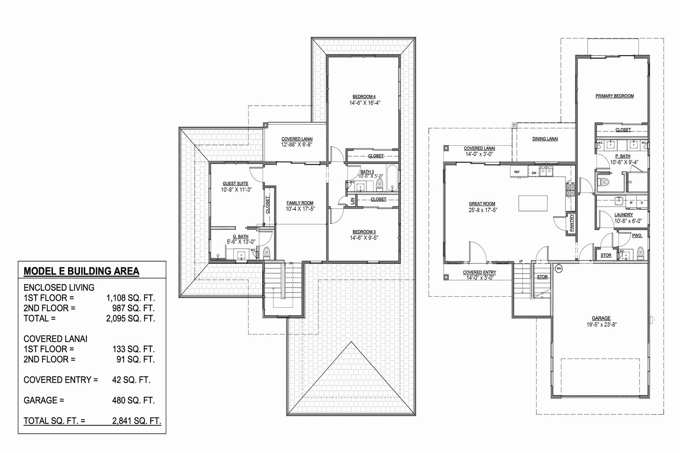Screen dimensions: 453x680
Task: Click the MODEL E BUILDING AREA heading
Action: [x=81, y=271]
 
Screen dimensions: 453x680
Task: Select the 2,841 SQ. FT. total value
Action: [x=137, y=421]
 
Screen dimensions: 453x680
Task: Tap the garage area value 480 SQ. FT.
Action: [x=133, y=400]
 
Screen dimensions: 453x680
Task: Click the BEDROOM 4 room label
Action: [x=364, y=97]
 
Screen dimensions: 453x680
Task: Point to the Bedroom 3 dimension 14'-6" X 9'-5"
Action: [x=364, y=238]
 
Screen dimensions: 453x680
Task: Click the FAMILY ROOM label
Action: [x=300, y=203]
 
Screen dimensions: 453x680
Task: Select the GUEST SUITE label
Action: [x=235, y=183]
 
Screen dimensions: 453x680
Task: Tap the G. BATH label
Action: [x=241, y=237]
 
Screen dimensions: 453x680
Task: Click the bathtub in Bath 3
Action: [x=393, y=178]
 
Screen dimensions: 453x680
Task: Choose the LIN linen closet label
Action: [x=352, y=201]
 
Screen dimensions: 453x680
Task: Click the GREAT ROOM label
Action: [x=482, y=204]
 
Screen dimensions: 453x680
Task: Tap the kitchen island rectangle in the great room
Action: [x=533, y=203]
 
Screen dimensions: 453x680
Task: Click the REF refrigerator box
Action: [x=517, y=172]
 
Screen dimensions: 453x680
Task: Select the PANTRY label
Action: [x=572, y=223]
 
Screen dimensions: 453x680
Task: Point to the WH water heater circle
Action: [x=559, y=269]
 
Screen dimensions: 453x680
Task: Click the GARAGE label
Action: [x=601, y=318]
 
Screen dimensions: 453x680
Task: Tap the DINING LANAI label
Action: [x=545, y=139]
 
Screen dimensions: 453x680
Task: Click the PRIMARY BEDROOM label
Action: [x=615, y=96]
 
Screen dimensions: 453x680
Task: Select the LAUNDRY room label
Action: [x=623, y=215]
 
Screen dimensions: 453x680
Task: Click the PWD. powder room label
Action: [x=637, y=236]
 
